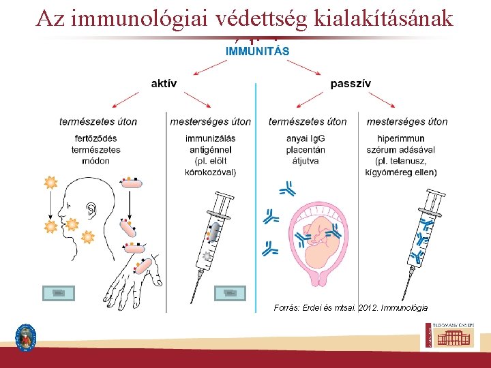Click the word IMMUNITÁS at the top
[257, 51]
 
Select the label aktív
[164, 84]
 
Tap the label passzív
[351, 84]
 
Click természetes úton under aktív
[98, 122]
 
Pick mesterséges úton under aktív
[210, 122]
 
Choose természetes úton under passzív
[308, 122]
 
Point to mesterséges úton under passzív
[407, 122]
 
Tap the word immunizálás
[211, 139]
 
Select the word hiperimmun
[406, 139]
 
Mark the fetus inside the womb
[319, 235]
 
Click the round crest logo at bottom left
[26, 337]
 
